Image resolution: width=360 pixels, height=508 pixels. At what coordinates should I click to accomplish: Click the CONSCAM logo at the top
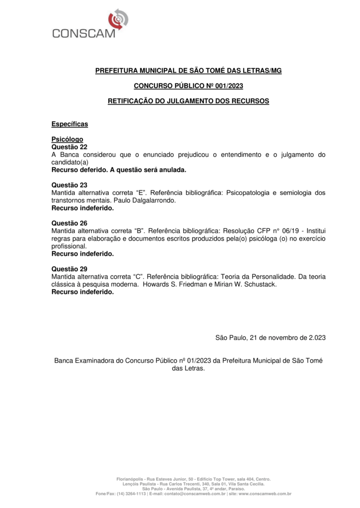87,25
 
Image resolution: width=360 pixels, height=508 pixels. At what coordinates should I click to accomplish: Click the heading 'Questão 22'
70,147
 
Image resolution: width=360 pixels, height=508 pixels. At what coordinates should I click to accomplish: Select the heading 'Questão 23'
70,185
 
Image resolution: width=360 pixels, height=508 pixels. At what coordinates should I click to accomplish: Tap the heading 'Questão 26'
70,223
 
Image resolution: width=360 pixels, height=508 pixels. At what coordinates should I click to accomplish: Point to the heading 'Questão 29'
70,268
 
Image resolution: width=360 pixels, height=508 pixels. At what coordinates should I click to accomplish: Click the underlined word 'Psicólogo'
68,140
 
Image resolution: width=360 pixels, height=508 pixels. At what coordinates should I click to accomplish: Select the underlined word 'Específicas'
70,123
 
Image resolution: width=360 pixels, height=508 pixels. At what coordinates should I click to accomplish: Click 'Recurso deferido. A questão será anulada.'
119,170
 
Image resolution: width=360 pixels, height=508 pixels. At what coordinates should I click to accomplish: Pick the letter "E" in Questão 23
141,193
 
